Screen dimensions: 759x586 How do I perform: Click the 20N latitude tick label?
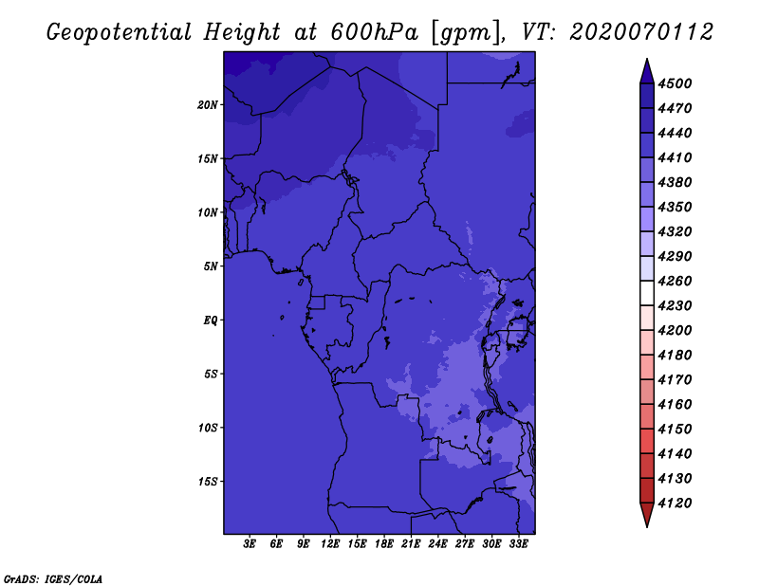point(208,105)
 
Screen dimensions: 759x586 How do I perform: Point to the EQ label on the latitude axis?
point(211,320)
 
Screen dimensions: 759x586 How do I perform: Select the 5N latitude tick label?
point(211,266)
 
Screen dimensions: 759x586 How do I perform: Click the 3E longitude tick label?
point(250,544)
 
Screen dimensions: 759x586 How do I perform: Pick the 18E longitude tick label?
point(384,544)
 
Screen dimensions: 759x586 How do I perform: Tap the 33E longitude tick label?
point(518,544)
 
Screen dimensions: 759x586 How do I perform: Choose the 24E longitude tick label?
point(437,544)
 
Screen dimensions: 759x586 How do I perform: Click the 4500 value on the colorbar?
point(675,83)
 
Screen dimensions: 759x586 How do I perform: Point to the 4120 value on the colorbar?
point(675,504)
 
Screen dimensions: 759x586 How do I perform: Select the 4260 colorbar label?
point(675,281)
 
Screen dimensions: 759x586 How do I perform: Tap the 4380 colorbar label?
point(675,182)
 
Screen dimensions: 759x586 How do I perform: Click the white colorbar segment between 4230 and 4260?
point(647,293)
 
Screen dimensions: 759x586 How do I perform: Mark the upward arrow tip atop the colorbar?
point(647,60)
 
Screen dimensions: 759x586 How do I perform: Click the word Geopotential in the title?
point(120,32)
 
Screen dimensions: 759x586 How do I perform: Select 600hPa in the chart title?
point(374,32)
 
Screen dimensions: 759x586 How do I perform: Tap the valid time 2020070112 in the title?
point(641,32)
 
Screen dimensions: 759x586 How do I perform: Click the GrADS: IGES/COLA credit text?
point(53,579)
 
